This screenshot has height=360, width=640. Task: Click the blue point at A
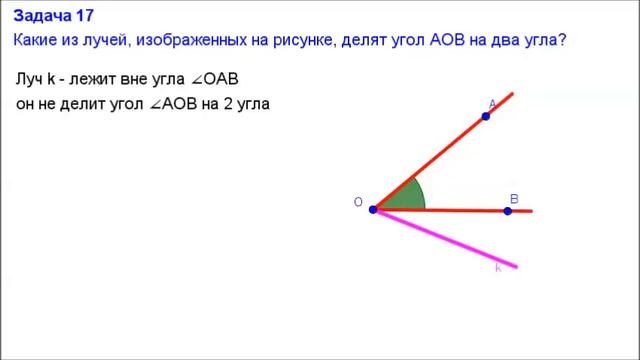pyautogui.click(x=486, y=117)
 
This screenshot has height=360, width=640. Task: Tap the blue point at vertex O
pyautogui.click(x=373, y=210)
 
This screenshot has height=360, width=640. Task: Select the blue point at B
pyautogui.click(x=508, y=211)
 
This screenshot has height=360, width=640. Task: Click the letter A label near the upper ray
pyautogui.click(x=492, y=104)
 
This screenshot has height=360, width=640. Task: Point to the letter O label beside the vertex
pyautogui.click(x=357, y=203)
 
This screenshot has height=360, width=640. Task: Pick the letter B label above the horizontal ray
pyautogui.click(x=514, y=199)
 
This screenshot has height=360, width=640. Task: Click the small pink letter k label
pyautogui.click(x=498, y=268)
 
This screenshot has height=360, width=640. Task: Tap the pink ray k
pyautogui.click(x=450, y=241)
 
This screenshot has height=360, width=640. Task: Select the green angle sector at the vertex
pyautogui.click(x=404, y=198)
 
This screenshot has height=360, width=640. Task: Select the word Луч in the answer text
pyautogui.click(x=30, y=79)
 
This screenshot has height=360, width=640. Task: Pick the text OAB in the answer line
pyautogui.click(x=220, y=79)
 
